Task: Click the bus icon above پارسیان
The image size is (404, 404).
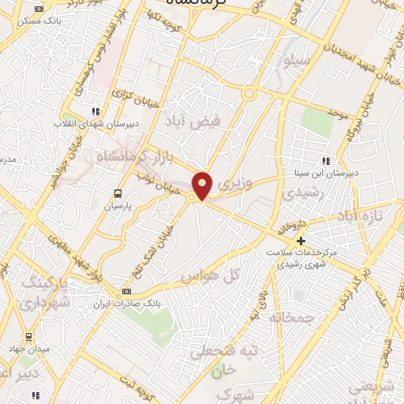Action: [x=118, y=193]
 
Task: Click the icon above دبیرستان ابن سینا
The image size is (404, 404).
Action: [x=327, y=161]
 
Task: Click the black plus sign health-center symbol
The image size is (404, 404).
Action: [x=300, y=240]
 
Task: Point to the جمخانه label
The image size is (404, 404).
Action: [x=292, y=317]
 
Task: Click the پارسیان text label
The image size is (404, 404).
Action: [x=118, y=205]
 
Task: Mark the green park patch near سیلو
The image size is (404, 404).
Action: [x=316, y=119]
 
